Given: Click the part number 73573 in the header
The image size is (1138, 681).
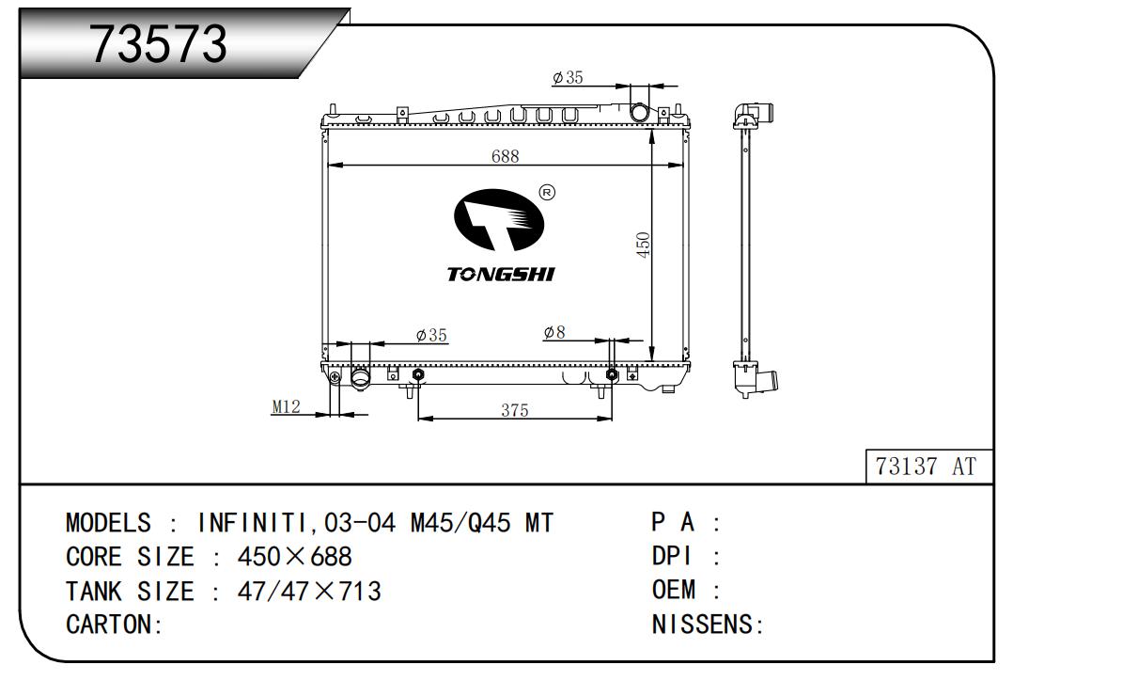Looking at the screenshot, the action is click(x=158, y=44).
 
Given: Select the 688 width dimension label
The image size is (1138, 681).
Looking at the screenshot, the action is click(x=505, y=156).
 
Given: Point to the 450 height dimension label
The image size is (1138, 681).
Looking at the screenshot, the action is click(x=643, y=245).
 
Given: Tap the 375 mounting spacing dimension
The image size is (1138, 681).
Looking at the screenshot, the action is click(x=515, y=410).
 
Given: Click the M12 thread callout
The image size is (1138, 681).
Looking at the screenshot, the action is click(x=286, y=406).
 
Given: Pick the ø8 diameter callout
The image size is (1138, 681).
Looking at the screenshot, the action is click(x=554, y=332).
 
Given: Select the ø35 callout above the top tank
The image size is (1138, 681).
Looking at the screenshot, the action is click(x=568, y=77).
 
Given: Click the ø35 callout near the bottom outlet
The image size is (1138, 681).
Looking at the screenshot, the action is click(x=431, y=335).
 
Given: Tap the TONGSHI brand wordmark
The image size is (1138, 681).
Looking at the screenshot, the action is click(x=501, y=274).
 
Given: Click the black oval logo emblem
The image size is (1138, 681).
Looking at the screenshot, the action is click(x=498, y=219).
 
